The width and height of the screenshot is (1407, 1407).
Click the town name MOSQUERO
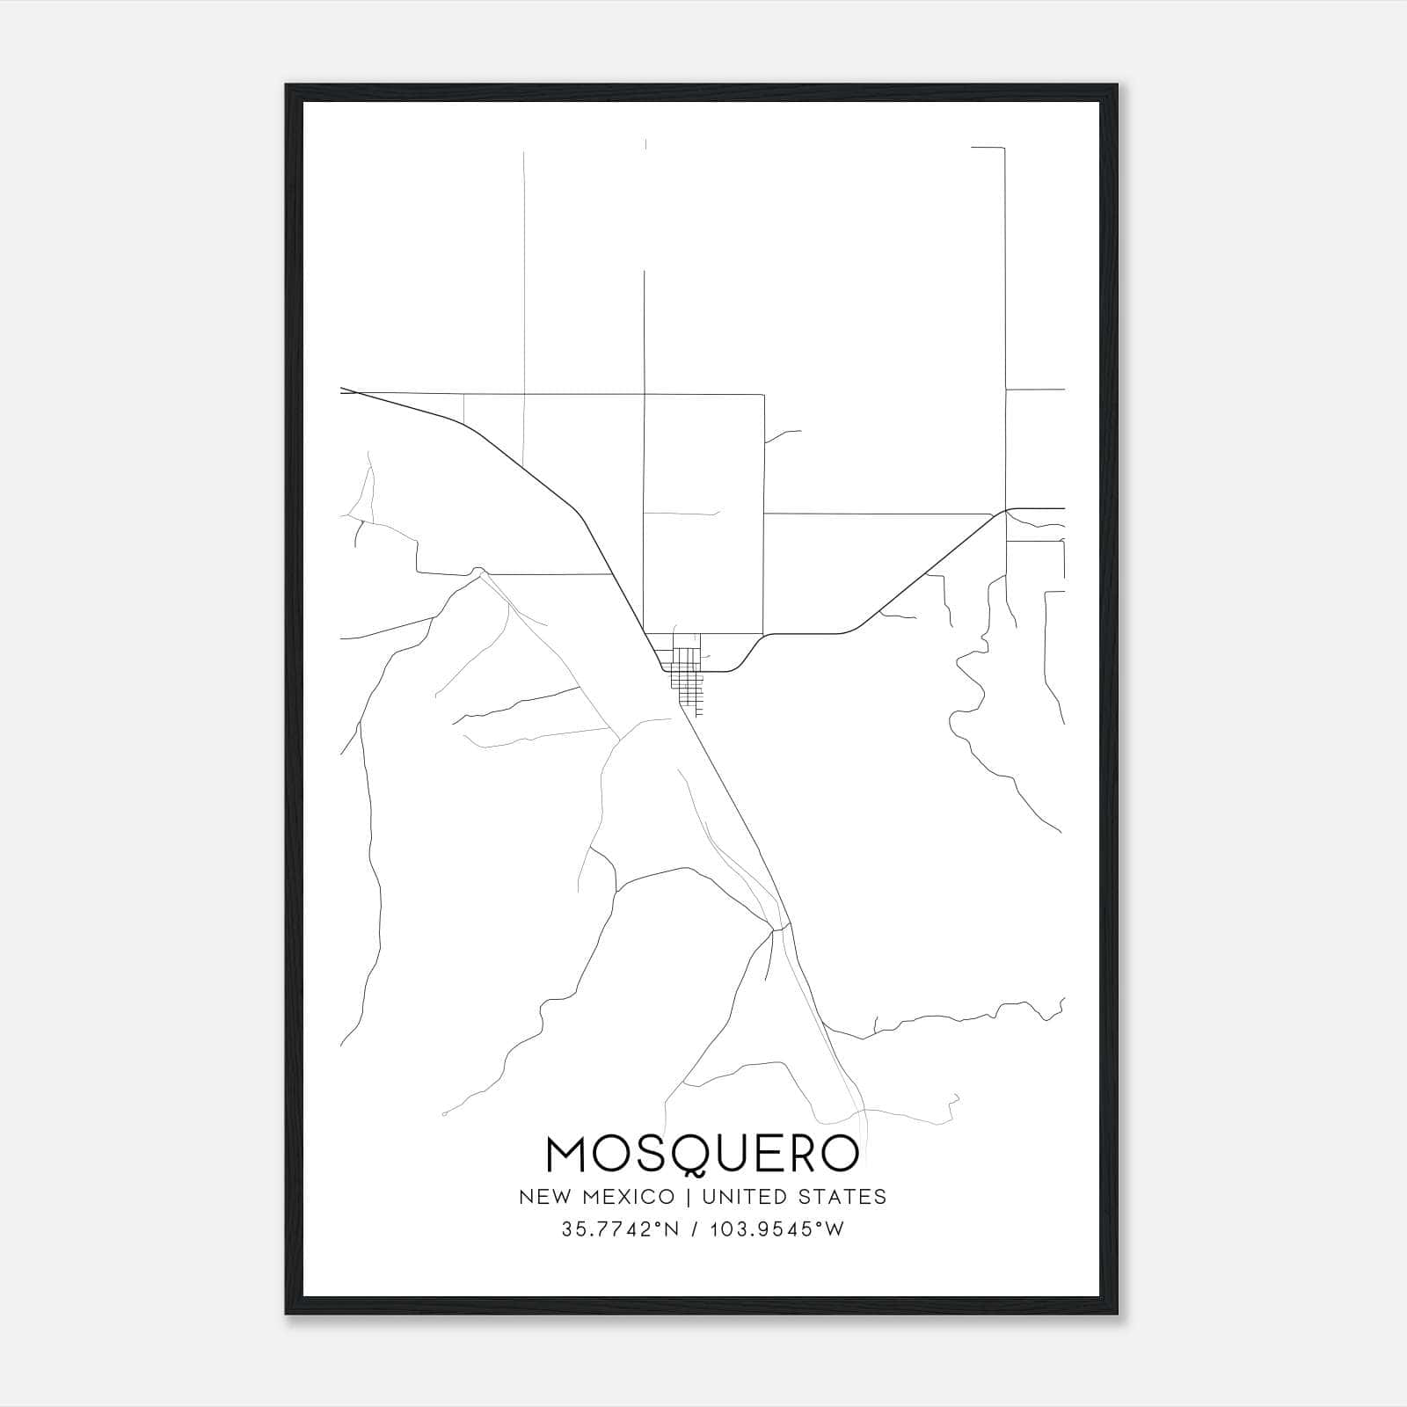702,1155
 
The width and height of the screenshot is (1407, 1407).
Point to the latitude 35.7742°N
619,1229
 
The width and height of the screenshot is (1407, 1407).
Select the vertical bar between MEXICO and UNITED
689,1196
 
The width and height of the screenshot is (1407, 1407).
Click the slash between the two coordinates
696,1229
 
